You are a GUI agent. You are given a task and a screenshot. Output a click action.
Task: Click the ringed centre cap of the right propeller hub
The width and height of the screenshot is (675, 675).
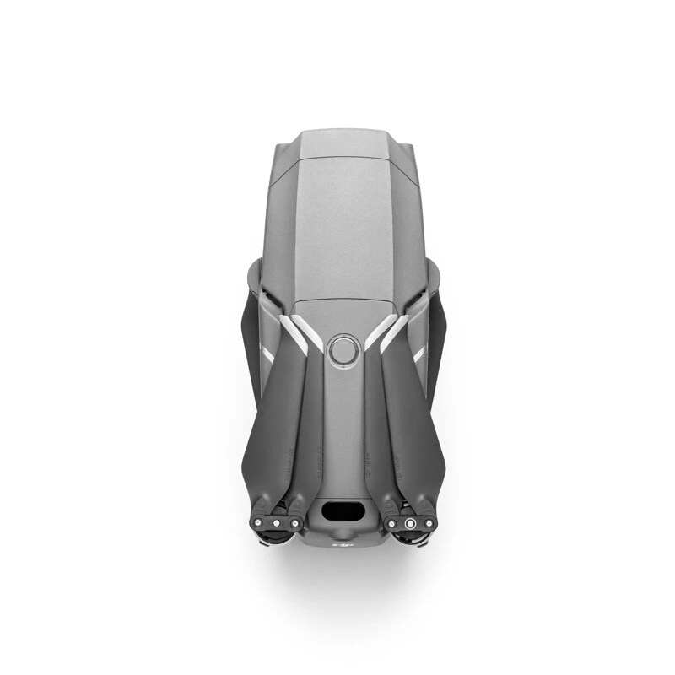click(x=409, y=524)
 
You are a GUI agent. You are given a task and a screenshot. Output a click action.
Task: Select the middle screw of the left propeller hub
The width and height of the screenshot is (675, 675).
click(x=275, y=523)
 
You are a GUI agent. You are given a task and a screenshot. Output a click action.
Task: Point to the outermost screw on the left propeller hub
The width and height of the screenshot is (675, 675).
click(x=257, y=523)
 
